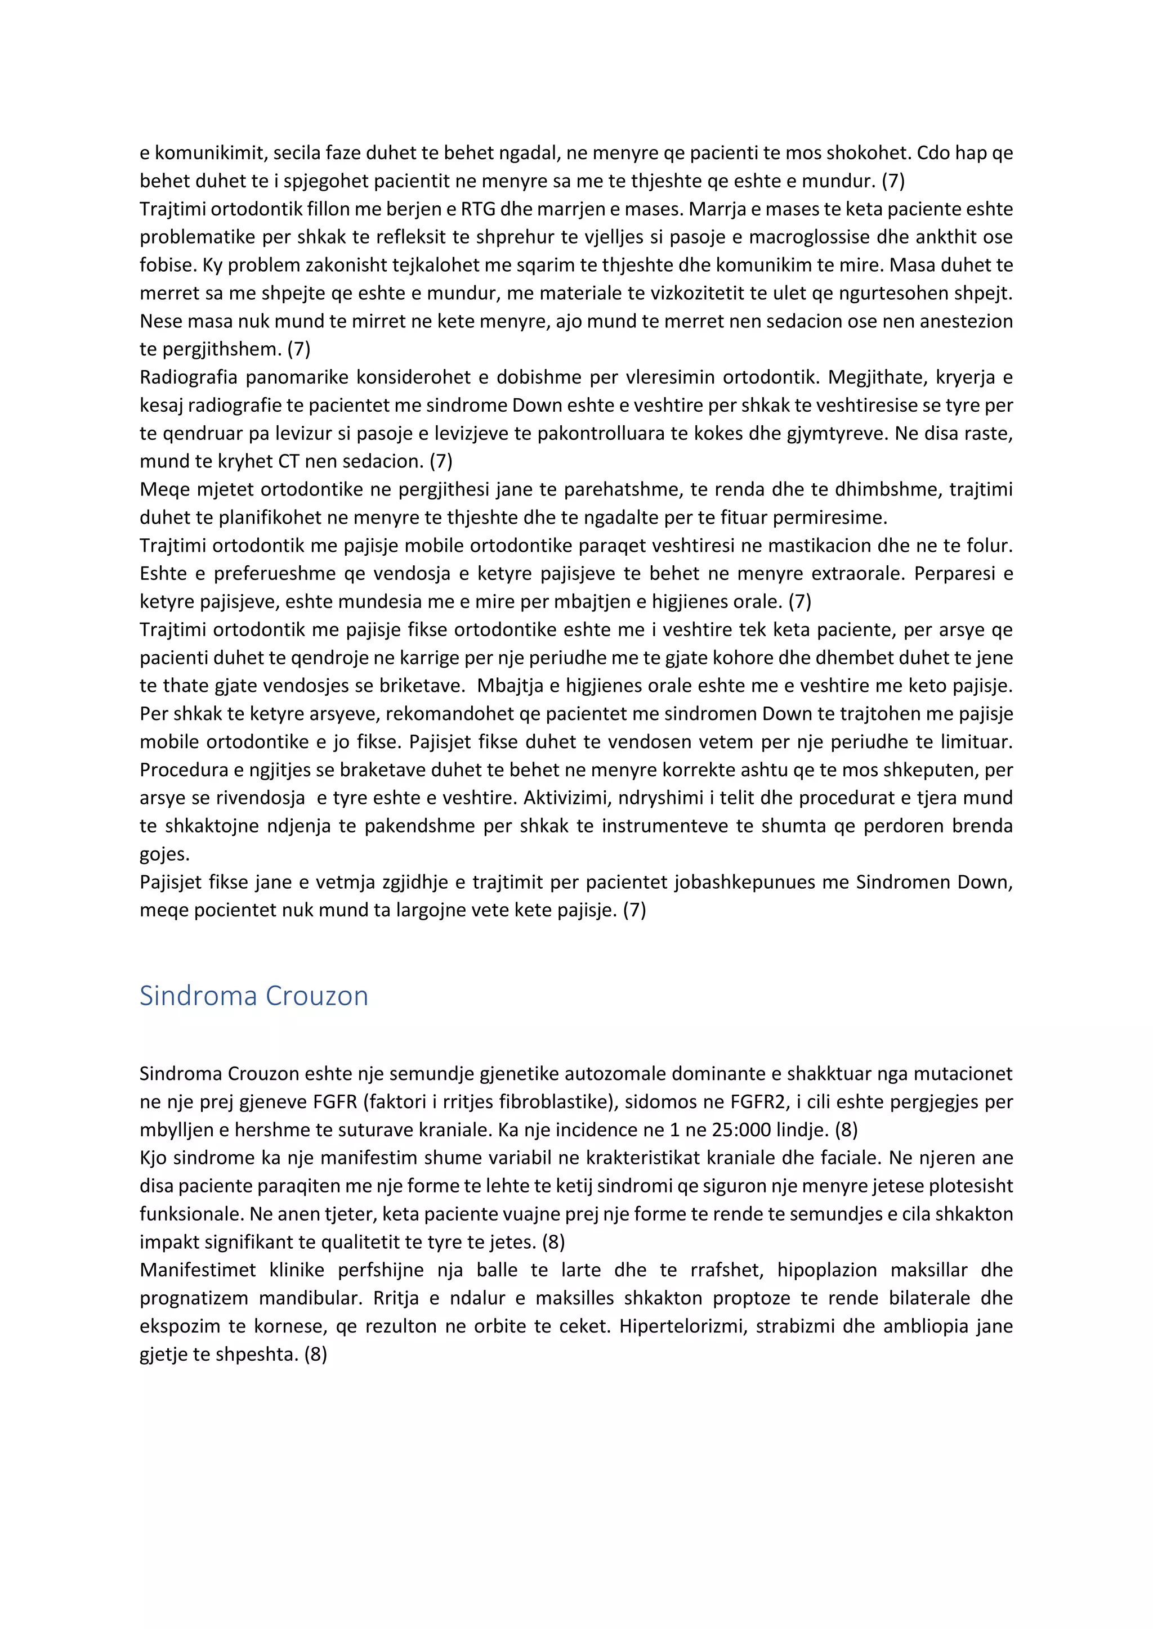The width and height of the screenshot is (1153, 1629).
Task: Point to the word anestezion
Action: click(x=966, y=321)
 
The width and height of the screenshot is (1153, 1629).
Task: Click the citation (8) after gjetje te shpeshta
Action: click(x=315, y=1354)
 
